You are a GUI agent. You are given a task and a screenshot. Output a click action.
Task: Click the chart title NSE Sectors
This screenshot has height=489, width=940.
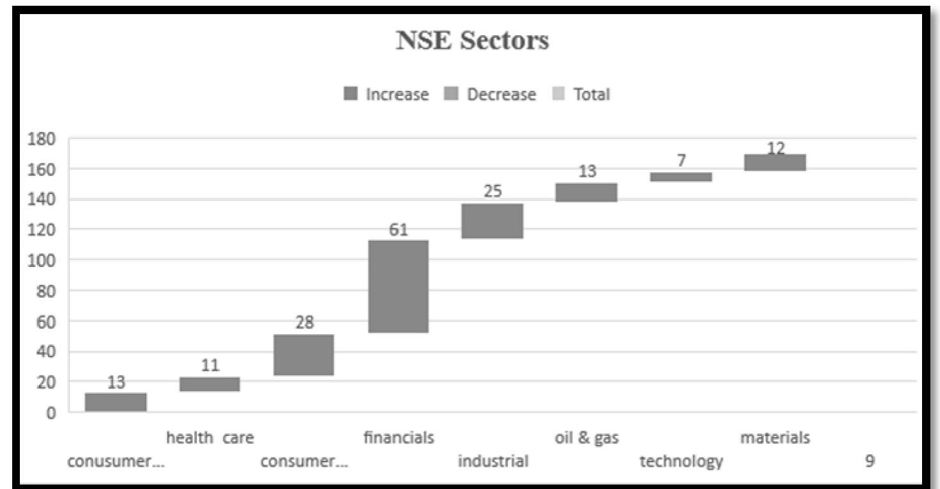click(x=472, y=41)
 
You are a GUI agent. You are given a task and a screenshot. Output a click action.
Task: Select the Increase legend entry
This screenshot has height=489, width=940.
click(x=387, y=95)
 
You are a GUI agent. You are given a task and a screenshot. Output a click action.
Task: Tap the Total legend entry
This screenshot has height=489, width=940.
click(x=581, y=95)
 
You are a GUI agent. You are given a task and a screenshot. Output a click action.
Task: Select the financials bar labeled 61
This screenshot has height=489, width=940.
click(x=398, y=286)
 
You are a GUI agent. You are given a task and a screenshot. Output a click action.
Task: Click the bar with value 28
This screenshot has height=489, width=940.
click(x=304, y=355)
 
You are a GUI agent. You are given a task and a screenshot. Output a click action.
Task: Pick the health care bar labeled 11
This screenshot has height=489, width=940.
click(x=210, y=384)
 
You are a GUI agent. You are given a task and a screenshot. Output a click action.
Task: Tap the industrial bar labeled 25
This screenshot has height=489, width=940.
click(x=492, y=221)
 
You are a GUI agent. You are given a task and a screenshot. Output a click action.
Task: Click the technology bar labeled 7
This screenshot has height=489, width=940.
click(x=681, y=177)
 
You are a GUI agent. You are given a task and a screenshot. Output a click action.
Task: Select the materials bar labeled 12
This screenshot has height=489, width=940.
click(x=775, y=163)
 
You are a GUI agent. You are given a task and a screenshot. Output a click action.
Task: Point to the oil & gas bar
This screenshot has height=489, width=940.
click(x=586, y=192)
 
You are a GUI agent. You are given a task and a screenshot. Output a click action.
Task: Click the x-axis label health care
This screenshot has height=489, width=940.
click(x=210, y=438)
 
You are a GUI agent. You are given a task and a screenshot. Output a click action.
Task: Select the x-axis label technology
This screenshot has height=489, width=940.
click(x=681, y=461)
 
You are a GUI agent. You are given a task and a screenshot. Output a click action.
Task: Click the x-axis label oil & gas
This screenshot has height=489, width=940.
click(x=586, y=438)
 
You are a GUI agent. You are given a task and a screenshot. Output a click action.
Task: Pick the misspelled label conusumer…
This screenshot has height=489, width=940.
click(x=116, y=461)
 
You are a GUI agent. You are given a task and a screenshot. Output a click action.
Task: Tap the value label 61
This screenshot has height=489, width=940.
click(x=398, y=229)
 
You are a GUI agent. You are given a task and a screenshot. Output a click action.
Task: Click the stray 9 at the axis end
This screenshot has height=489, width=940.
click(x=870, y=461)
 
